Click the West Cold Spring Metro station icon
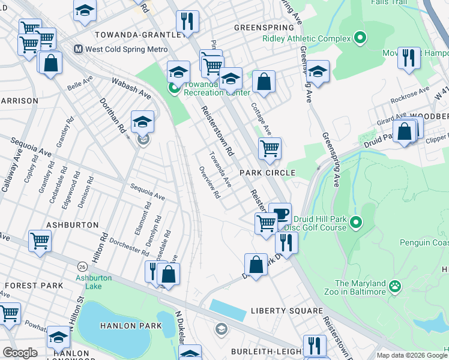[77, 49]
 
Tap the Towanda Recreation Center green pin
[173, 89]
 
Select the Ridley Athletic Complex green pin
[360, 38]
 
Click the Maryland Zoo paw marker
[395, 287]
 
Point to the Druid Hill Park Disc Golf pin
[356, 223]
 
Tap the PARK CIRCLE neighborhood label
[268, 173]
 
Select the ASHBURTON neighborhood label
[71, 224]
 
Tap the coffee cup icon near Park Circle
[280, 213]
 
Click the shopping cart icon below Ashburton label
[40, 241]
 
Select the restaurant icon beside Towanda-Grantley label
[188, 22]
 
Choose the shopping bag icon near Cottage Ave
[264, 81]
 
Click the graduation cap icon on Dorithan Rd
[142, 121]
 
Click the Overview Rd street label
[209, 182]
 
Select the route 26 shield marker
[82, 265]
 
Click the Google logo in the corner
[20, 353]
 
